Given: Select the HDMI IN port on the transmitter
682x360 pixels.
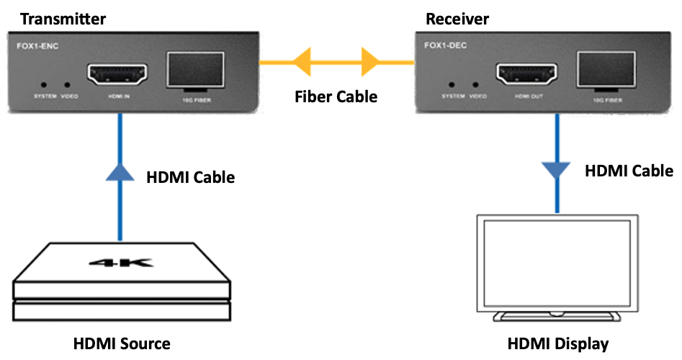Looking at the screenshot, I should [x=117, y=73].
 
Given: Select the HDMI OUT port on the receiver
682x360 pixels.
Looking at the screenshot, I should [x=524, y=73].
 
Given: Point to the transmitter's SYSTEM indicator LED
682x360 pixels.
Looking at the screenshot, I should [x=46, y=84].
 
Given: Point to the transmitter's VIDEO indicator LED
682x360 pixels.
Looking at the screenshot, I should [x=68, y=84].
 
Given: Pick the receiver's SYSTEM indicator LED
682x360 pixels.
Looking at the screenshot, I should [x=453, y=84].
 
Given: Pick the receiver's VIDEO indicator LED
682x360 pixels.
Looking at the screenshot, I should [x=475, y=84].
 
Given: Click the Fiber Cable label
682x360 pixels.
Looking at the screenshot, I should [x=336, y=96].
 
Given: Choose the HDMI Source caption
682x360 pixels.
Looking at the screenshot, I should [x=122, y=343].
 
